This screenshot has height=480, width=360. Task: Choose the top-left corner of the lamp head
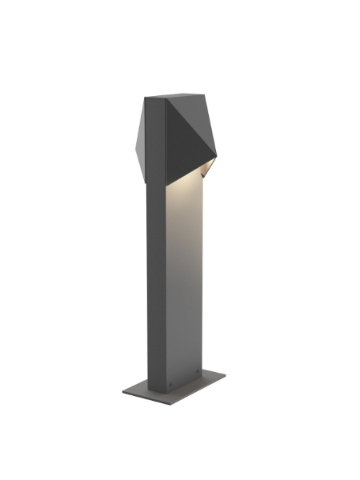pos(145,98)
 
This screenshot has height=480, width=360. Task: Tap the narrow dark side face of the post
pos(156,280)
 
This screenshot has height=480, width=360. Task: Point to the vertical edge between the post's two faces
pos(166,280)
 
